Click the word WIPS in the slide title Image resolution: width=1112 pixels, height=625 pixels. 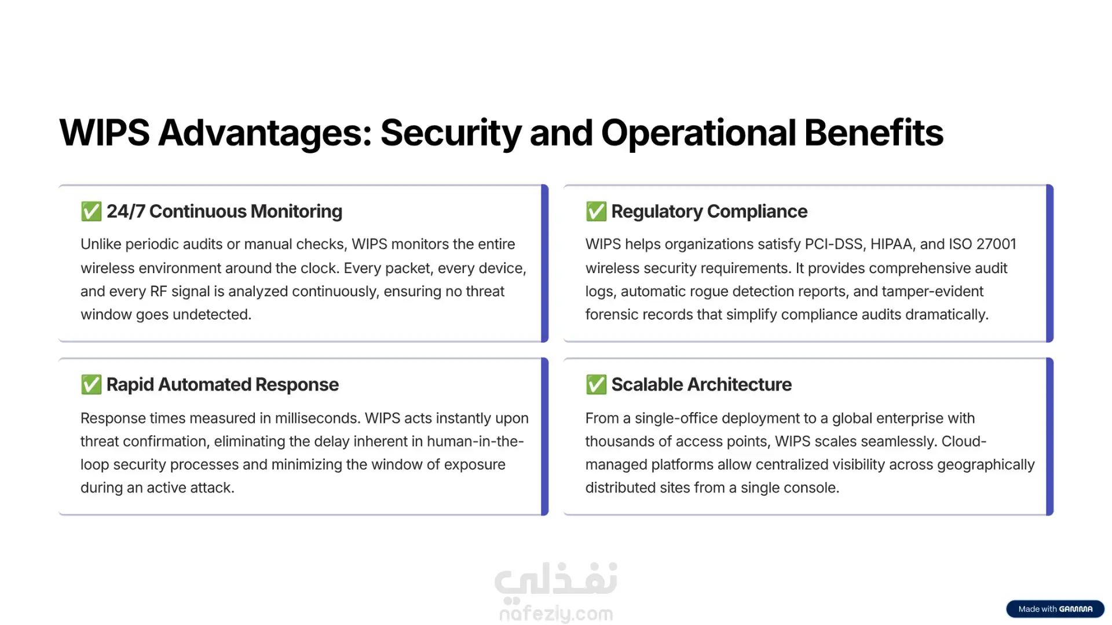[x=105, y=133]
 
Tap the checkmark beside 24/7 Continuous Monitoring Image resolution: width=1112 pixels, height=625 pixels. [x=91, y=211]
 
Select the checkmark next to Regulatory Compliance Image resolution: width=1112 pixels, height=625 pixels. [x=596, y=211]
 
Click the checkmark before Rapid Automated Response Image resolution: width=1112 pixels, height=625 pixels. [x=91, y=384]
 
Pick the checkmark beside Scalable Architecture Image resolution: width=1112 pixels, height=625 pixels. [x=596, y=384]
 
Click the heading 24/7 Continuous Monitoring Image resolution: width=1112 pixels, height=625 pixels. [x=224, y=211]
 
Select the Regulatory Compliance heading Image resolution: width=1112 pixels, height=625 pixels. [x=709, y=212]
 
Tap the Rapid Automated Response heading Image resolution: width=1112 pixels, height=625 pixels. [x=222, y=385]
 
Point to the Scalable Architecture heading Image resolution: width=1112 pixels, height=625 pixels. [x=701, y=384]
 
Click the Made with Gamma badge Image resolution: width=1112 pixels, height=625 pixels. [x=1055, y=609]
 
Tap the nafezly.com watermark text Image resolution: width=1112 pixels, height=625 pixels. [x=556, y=613]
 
